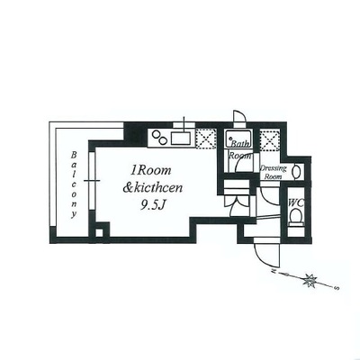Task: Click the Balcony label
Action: click(74, 184)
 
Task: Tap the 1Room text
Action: click(150, 170)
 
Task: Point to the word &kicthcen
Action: click(153, 188)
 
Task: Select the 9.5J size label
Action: click(153, 205)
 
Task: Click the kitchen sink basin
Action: click(181, 139)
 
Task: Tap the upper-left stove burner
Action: click(156, 134)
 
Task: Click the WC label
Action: click(295, 203)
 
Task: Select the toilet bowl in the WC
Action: click(296, 215)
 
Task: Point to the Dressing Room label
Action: click(273, 172)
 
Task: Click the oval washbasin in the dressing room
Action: click(297, 172)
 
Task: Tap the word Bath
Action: click(239, 144)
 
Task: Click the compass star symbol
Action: click(309, 281)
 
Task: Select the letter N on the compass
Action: click(274, 271)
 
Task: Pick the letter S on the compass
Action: click(337, 288)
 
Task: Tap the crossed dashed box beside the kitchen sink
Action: click(206, 139)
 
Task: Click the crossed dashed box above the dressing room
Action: click(270, 139)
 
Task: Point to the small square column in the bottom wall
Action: click(99, 233)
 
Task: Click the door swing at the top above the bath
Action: click(239, 116)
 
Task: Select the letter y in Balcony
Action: click(74, 215)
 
